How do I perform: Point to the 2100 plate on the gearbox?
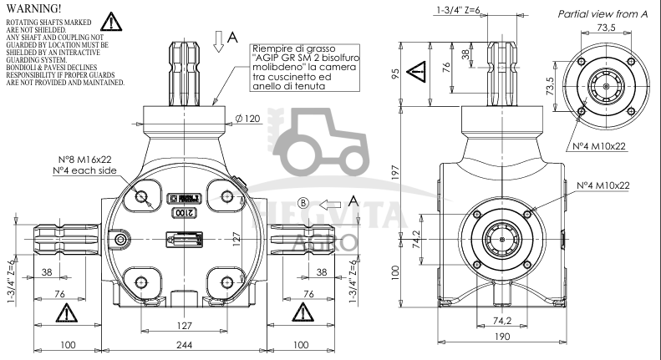[x=184, y=214]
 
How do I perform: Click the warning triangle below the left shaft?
[x=65, y=314]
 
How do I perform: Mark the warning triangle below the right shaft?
[x=302, y=314]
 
